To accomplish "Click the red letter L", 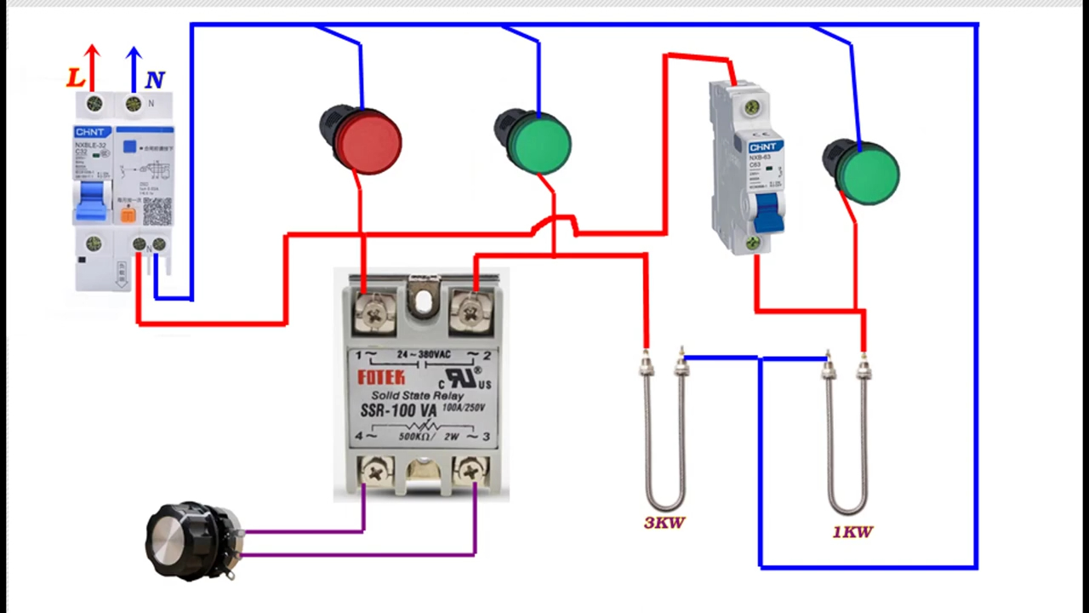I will point(76,78).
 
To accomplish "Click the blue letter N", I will point(154,81).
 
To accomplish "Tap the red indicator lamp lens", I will point(368,141).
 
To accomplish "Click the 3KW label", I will point(664,523).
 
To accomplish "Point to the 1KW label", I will point(852,532).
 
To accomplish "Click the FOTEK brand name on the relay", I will point(381,377).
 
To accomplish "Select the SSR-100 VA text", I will point(392,411).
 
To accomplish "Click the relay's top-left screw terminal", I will point(373,312).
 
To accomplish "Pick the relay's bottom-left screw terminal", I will point(374,468).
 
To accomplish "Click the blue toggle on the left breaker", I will point(92,201).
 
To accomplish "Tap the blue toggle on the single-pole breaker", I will point(768,213).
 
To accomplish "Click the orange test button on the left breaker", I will point(128,215).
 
